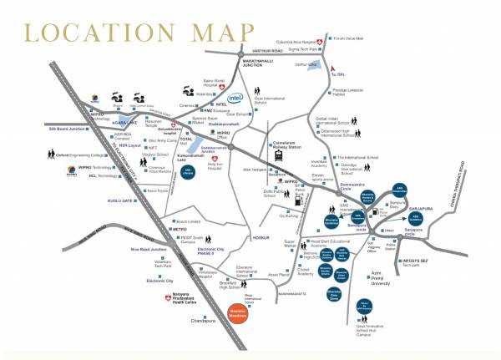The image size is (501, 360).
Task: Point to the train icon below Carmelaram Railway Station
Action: pos(277,159)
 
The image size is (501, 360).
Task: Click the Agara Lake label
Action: pos(114,119)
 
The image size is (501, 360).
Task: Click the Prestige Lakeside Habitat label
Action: pos(356,94)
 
